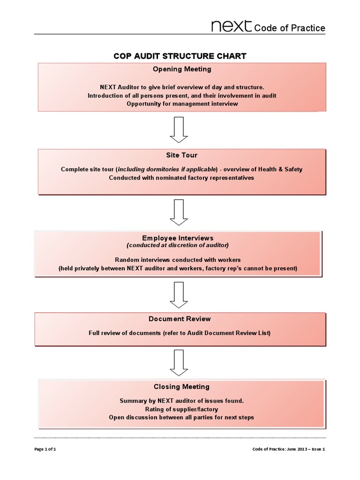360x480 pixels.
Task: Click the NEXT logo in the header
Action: (231, 26)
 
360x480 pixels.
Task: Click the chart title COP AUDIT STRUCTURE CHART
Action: (180, 56)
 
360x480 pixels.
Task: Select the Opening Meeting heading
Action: (182, 69)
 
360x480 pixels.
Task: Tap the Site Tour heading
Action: (182, 155)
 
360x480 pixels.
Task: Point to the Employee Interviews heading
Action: (180, 238)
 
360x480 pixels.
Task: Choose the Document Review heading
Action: (180, 319)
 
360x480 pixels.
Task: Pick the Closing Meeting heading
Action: (181, 387)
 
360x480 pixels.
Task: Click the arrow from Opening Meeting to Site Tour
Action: (179, 129)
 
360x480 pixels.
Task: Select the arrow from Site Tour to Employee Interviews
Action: (179, 212)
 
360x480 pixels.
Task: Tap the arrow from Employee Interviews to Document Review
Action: (179, 294)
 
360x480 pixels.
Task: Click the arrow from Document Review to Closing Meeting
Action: (179, 362)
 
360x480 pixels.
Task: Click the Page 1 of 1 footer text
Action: (45, 449)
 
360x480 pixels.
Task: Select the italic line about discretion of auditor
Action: (178, 245)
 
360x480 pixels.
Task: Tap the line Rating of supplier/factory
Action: (181, 409)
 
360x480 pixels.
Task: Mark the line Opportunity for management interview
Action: (182, 104)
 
